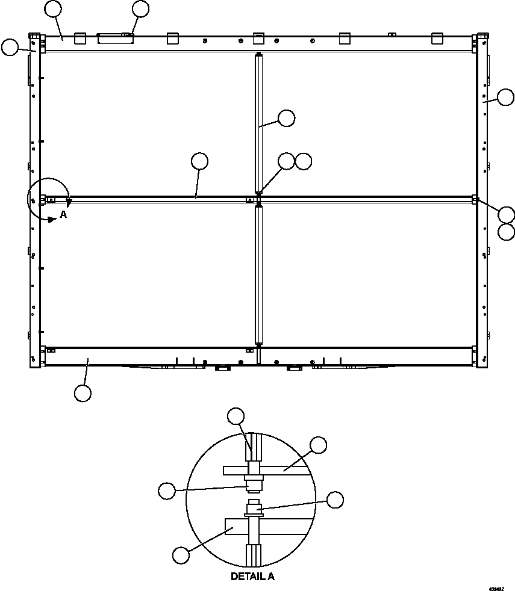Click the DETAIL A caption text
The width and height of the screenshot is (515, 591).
pos(252,577)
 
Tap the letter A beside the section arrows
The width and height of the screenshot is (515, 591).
pos(63,214)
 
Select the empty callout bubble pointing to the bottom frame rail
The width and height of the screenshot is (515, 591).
pos(83,393)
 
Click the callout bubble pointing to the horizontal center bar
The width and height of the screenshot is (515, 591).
pos(199,161)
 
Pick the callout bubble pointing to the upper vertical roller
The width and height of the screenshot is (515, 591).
pos(286,118)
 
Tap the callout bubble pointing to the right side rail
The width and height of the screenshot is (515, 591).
pos(505,97)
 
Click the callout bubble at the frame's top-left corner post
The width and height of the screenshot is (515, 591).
pos(10,48)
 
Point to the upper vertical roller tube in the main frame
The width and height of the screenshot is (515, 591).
pos(259,123)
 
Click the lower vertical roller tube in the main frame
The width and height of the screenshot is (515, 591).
pos(259,274)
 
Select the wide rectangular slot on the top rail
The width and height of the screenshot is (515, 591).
pos(115,39)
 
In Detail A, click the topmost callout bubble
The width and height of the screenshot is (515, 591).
pos(236,416)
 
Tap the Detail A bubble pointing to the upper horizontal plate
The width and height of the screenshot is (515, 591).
pos(318,445)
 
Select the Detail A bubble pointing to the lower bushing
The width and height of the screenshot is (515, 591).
pos(334,500)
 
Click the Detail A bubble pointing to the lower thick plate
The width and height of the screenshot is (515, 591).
pos(181,555)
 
